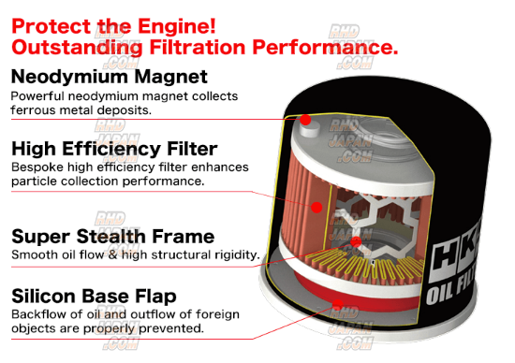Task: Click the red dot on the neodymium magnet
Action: [305, 120]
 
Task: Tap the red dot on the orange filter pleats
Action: [316, 207]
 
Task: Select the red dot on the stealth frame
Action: [356, 242]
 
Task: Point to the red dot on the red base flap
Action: [337, 305]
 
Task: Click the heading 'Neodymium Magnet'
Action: [110, 77]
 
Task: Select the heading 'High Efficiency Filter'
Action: [114, 149]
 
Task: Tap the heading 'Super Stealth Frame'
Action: [113, 237]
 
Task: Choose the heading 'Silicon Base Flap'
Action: [94, 296]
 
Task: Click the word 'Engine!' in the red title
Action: [177, 26]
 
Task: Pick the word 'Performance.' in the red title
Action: [325, 47]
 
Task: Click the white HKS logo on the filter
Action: [455, 254]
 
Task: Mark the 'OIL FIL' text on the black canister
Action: [450, 290]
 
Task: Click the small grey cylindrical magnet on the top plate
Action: [309, 129]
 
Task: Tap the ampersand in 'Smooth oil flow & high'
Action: [112, 255]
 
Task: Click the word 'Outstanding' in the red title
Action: [77, 48]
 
